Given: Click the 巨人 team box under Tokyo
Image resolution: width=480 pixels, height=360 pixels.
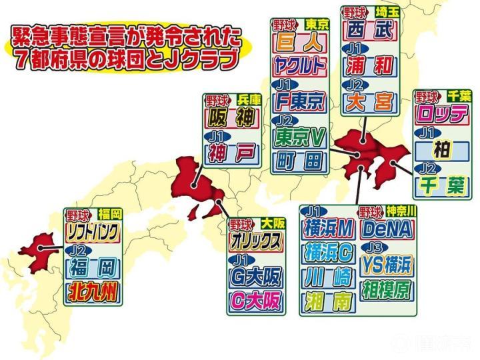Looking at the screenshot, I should (x=299, y=41).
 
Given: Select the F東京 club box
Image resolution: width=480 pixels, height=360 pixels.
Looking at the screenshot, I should (x=299, y=101).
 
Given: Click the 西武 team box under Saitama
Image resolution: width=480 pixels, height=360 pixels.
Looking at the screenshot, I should (x=371, y=29).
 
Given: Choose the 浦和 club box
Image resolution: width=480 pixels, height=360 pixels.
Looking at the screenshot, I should (x=371, y=66).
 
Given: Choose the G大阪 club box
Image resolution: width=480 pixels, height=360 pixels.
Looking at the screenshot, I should (x=255, y=276).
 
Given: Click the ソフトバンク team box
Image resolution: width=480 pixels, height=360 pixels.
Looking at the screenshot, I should (x=94, y=233).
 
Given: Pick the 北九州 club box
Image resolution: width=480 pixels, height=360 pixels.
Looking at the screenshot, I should (x=94, y=291).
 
